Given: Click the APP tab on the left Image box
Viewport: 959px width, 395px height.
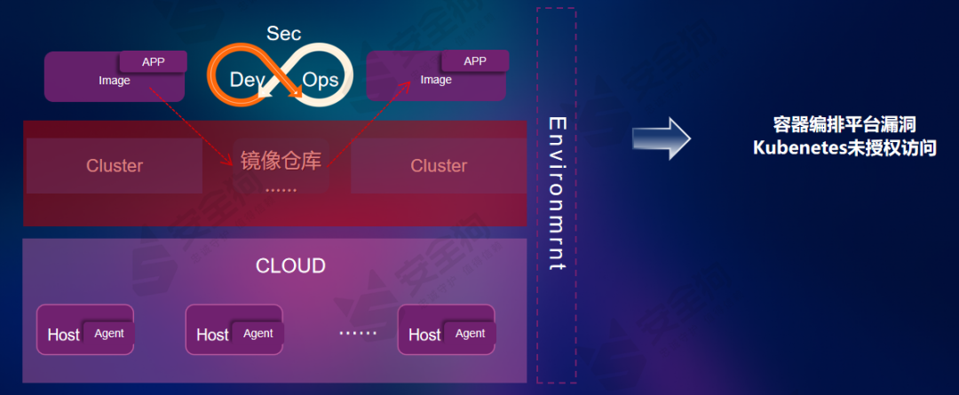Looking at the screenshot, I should [153, 61].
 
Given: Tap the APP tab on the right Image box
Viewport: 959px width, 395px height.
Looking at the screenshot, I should [475, 61].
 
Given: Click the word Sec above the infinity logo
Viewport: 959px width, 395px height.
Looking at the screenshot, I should [284, 34].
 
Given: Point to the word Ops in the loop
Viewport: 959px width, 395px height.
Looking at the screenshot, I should [321, 80].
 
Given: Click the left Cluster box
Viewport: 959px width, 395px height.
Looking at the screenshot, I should [115, 166].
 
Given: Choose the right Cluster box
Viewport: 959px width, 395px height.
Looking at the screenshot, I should [439, 166].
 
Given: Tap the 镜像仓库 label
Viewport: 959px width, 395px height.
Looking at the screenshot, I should [281, 161].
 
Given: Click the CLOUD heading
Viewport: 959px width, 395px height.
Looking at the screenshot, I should [290, 265].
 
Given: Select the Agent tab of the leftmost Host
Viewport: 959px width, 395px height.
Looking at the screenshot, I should [109, 334].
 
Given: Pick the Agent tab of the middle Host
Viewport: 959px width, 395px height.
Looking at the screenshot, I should [258, 334].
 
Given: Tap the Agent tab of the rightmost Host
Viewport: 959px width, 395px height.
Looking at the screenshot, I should [470, 334].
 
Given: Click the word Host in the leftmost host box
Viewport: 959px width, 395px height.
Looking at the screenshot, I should [64, 335].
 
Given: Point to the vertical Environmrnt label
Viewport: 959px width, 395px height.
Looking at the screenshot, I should [557, 193].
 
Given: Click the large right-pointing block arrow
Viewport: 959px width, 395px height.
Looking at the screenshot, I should [661, 138].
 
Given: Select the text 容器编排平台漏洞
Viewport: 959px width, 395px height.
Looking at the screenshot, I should [844, 125].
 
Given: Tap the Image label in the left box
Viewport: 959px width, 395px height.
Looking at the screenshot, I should [115, 81].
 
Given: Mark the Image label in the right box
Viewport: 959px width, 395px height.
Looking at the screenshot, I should [436, 80].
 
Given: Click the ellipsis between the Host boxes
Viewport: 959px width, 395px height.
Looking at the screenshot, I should [358, 334].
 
